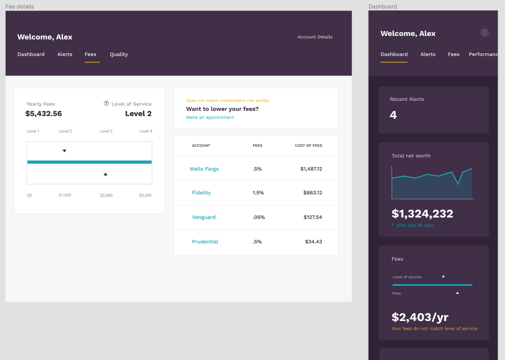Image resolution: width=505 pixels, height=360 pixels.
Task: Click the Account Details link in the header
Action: (315, 37)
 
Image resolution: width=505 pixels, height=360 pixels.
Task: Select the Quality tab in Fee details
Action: (119, 54)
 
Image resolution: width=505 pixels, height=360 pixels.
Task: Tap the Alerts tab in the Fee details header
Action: (65, 54)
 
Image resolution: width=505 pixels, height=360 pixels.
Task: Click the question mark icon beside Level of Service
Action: (106, 104)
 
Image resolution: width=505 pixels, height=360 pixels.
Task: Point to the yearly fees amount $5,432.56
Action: (43, 113)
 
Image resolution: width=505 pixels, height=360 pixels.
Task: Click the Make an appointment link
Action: (210, 117)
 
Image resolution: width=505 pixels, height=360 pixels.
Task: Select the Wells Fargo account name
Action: (204, 169)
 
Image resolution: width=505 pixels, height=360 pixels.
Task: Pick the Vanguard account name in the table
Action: (204, 217)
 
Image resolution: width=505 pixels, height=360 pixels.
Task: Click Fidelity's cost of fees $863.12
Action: (313, 193)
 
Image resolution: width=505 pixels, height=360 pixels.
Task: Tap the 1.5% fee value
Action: (258, 193)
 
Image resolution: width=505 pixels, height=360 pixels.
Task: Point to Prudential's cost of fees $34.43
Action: (314, 242)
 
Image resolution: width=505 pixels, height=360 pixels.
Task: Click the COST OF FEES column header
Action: (308, 146)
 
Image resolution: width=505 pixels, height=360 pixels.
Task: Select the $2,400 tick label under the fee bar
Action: (106, 195)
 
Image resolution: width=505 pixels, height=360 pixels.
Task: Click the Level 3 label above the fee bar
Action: (106, 131)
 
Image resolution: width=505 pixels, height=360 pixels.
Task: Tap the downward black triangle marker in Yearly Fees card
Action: (64, 151)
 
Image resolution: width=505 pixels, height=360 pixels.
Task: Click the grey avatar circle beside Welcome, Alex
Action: (485, 32)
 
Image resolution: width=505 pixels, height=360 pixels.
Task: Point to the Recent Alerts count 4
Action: (393, 115)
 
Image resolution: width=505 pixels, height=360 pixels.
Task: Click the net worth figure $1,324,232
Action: (422, 214)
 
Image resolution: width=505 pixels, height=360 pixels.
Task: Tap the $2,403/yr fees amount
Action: (420, 317)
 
